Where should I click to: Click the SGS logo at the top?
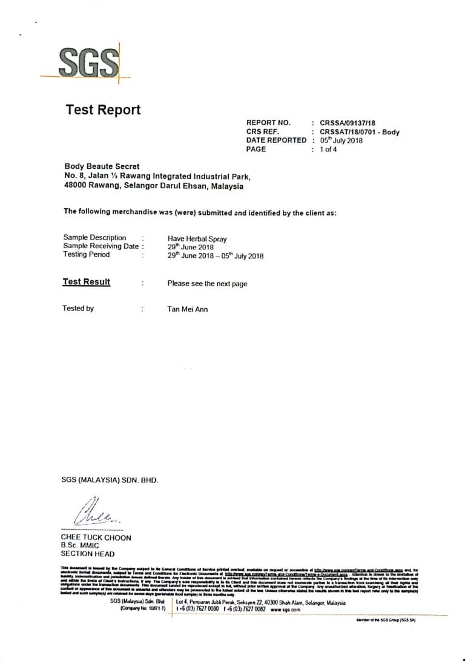(88, 62)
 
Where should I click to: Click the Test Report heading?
(102, 110)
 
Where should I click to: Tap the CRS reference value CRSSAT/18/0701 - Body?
(359, 132)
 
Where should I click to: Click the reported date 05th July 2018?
(341, 140)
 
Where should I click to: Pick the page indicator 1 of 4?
(328, 149)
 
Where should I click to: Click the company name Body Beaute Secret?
(102, 166)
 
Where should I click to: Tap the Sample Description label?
(94, 238)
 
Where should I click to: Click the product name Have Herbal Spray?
(197, 239)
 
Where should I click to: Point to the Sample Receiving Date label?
(101, 246)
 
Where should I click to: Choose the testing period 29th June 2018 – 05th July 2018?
(215, 255)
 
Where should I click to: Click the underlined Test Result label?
(87, 282)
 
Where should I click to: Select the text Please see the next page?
(207, 283)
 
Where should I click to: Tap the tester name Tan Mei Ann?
(187, 309)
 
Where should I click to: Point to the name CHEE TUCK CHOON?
(96, 538)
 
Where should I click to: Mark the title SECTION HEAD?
(87, 553)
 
